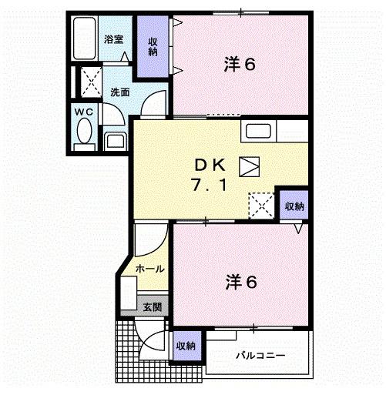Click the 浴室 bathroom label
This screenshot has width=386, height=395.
click(x=113, y=38)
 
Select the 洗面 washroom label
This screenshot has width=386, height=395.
click(x=119, y=92)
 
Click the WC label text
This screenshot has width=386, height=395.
click(x=84, y=113)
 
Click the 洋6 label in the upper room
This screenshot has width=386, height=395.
click(x=239, y=64)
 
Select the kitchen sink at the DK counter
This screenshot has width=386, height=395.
click(x=258, y=132)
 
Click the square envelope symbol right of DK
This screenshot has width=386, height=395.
click(x=250, y=165)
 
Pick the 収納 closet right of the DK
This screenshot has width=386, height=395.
click(x=294, y=206)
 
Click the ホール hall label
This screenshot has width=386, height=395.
click(x=149, y=268)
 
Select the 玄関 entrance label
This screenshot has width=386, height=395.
click(x=152, y=306)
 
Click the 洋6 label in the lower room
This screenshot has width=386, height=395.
click(x=241, y=281)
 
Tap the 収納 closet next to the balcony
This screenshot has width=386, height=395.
click(x=185, y=346)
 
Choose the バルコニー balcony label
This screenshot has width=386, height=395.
click(x=260, y=355)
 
